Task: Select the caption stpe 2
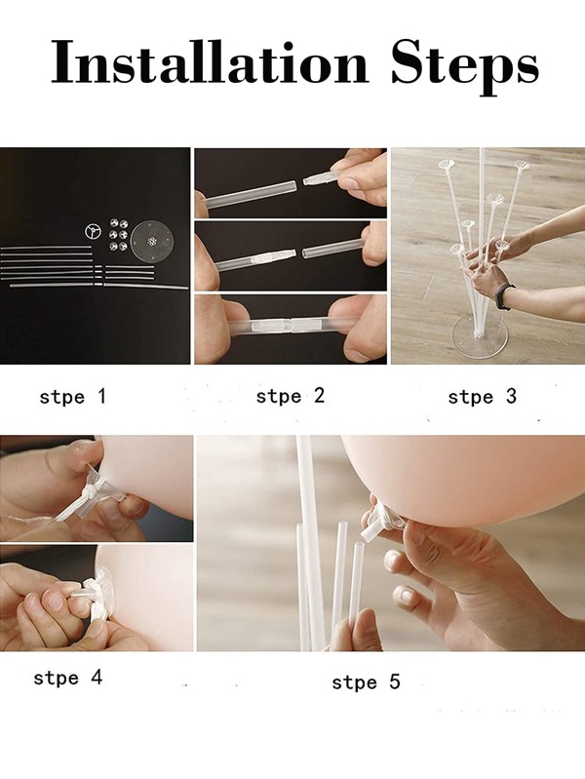pyautogui.click(x=290, y=396)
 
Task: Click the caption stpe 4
pyautogui.click(x=67, y=677)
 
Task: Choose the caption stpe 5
pyautogui.click(x=366, y=682)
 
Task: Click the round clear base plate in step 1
pyautogui.click(x=150, y=238)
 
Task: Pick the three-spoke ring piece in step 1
pyautogui.click(x=93, y=231)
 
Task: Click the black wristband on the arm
pyautogui.click(x=504, y=295)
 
